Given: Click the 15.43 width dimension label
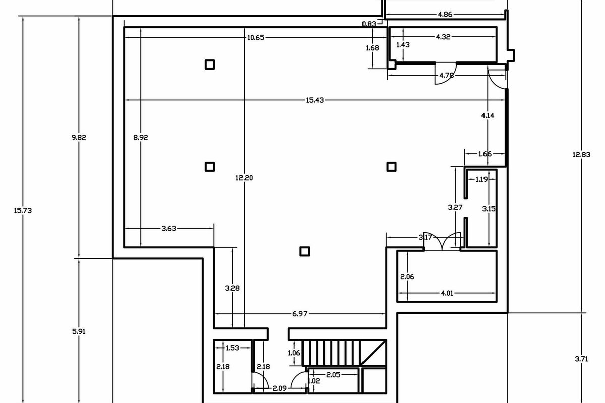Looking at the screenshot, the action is [315, 100].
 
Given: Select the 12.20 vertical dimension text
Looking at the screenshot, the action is [244, 178].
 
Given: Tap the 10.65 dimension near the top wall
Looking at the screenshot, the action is [256, 37].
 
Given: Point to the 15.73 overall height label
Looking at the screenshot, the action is [23, 210].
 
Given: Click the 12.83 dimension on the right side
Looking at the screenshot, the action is [581, 154].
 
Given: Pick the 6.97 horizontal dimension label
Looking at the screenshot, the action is [300, 314].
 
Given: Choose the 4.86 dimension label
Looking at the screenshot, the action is [445, 14].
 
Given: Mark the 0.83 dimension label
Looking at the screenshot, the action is [369, 24].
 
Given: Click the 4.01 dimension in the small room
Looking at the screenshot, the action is [447, 293].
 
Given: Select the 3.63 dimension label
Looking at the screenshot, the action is [169, 228].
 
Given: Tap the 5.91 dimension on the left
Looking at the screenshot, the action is [79, 331].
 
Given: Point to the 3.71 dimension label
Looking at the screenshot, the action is [581, 359].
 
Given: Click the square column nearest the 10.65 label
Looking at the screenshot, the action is [210, 65].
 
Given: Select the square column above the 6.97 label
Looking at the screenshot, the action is [305, 251].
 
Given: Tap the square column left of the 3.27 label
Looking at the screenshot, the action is [392, 167].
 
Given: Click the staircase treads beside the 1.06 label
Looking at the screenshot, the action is [331, 353].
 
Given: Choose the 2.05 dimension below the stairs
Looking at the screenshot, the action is [333, 375].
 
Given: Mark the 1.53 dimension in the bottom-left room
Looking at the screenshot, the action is [232, 348].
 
